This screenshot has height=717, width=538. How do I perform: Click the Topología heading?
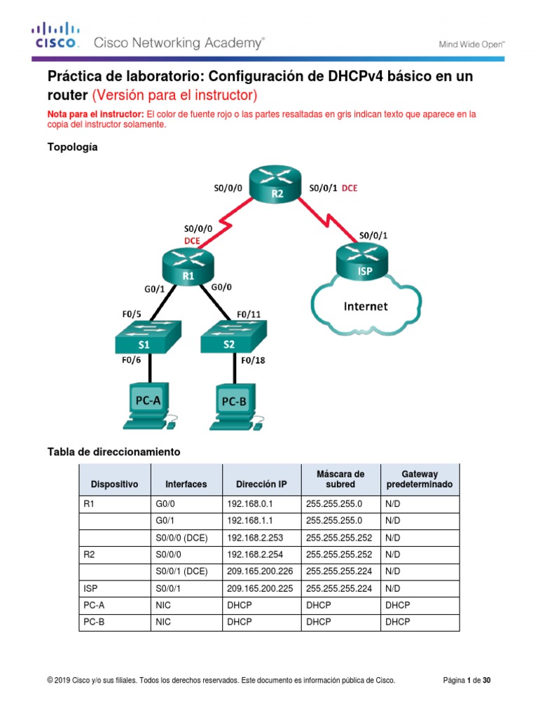coord(72,147)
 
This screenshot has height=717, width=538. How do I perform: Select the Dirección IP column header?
coord(261,484)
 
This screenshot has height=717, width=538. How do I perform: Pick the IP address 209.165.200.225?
coord(260,588)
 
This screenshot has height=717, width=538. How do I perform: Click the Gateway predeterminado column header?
coord(419,479)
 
